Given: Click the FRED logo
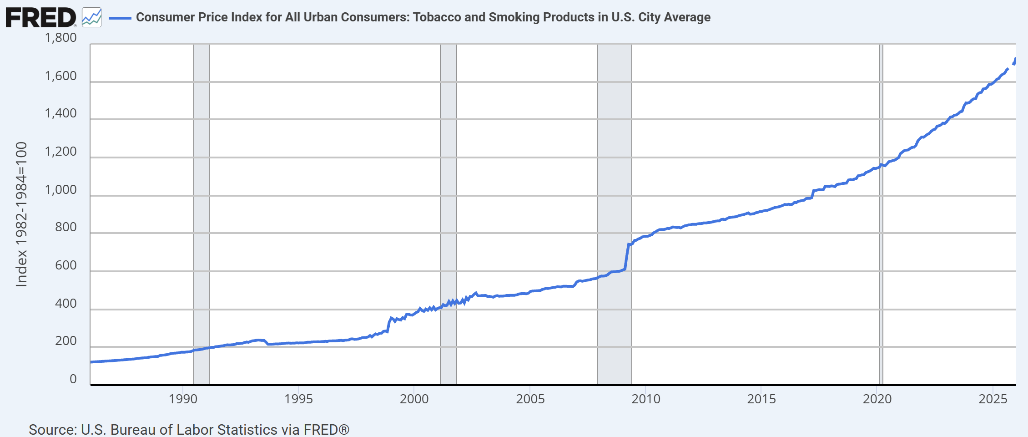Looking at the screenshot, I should click(40, 17).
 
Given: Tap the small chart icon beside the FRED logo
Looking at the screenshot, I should click(91, 18).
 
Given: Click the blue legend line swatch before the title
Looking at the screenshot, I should click(120, 18).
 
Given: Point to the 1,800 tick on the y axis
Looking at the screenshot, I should click(60, 38).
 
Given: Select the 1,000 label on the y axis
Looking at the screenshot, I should click(60, 190).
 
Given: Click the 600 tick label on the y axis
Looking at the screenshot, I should click(66, 265).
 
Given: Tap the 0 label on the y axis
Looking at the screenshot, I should click(73, 379).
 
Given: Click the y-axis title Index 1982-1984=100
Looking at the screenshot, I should click(21, 214).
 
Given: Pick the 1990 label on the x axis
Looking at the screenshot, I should click(183, 399).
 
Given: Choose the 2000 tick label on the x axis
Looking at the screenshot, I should click(414, 399).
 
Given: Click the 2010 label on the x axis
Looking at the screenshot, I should click(645, 399).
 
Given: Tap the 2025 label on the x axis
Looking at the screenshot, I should click(993, 399).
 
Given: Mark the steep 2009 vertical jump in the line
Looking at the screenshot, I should click(627, 257).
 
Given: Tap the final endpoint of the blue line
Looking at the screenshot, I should click(1015, 59).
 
